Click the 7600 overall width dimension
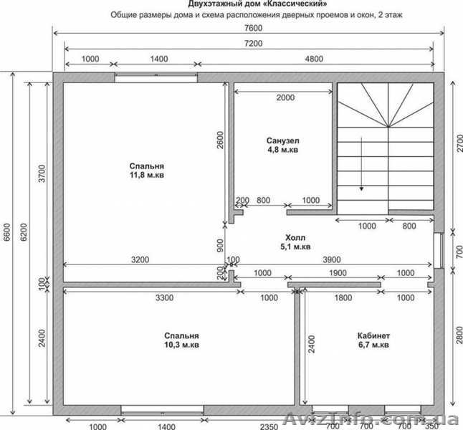[x=254, y=28]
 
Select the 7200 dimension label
[x=254, y=44]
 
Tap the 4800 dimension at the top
[x=314, y=59]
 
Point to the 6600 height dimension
[x=6, y=232]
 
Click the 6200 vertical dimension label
[x=24, y=232]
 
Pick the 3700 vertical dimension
[x=42, y=173]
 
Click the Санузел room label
[x=282, y=140]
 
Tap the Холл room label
[x=295, y=237]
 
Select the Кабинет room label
[x=373, y=336]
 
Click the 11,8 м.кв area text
[x=147, y=175]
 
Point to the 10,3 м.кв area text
[x=181, y=345]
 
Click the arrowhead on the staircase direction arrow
[x=361, y=188]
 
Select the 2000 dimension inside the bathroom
[x=285, y=97]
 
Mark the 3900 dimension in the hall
[x=332, y=259]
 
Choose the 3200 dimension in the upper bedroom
[x=140, y=259]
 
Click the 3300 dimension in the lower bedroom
[x=164, y=297]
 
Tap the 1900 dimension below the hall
[x=338, y=272]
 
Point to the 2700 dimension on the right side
[x=459, y=143]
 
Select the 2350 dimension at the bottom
[x=269, y=426]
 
